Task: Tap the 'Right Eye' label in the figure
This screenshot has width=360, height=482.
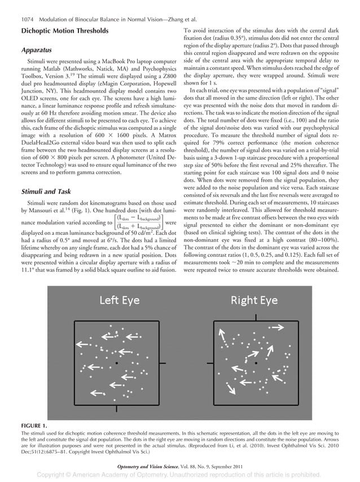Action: pyautogui.click(x=253, y=300)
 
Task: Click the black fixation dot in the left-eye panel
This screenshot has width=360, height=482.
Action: pyautogui.click(x=116, y=362)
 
